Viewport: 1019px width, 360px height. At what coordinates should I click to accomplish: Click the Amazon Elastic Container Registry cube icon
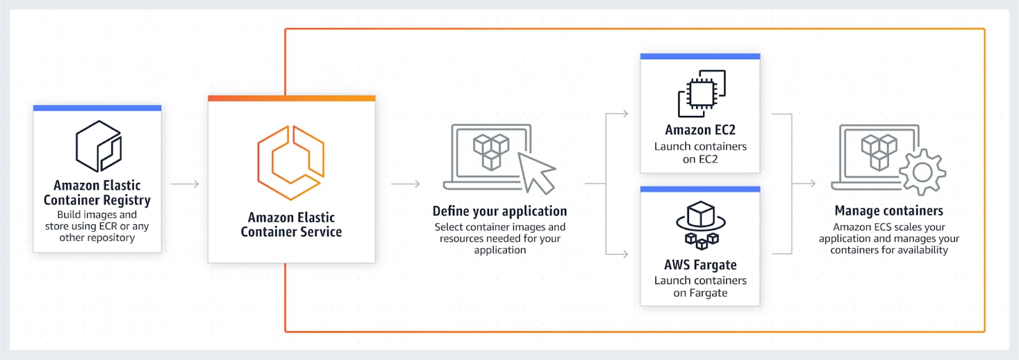[98, 146]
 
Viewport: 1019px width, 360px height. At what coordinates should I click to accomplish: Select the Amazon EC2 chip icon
[701, 93]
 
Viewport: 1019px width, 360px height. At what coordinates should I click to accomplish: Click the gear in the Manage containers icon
[923, 172]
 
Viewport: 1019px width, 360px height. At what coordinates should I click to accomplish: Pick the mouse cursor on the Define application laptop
[537, 173]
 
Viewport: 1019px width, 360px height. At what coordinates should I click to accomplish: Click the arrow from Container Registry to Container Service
[185, 184]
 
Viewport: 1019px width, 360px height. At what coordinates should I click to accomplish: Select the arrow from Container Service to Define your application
[405, 184]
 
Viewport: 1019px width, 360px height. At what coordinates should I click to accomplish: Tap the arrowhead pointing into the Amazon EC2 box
[625, 113]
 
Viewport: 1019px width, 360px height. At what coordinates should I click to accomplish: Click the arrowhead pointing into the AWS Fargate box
[625, 254]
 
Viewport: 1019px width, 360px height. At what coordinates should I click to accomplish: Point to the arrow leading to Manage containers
[804, 184]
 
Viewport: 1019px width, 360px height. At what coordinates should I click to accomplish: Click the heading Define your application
[499, 211]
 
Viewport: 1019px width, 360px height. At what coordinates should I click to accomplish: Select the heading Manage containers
[889, 211]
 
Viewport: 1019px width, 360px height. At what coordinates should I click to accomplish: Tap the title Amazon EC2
[700, 130]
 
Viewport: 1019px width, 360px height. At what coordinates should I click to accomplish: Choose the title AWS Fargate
[700, 265]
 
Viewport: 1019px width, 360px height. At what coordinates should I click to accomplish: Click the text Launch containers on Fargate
[700, 287]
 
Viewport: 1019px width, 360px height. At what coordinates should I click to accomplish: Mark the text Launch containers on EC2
[700, 153]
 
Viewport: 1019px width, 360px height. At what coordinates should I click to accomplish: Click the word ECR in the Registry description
[108, 226]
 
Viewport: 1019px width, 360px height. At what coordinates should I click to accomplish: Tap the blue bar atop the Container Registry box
[97, 108]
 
